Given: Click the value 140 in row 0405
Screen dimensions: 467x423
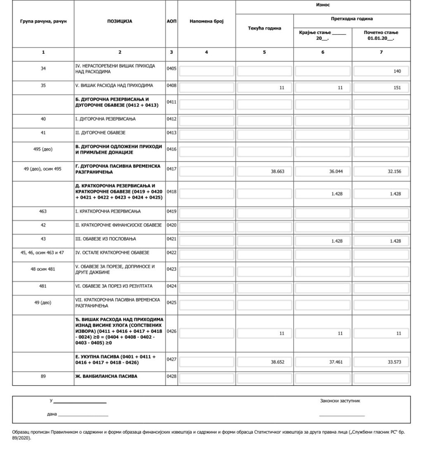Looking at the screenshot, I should pos(397,71).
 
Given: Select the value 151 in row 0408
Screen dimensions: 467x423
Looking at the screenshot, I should pos(397,88).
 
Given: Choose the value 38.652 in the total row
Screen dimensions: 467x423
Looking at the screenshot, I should pos(278,362).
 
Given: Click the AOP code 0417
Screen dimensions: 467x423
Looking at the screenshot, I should pos(171,168).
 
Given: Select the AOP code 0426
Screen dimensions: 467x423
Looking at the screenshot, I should pos(171,331).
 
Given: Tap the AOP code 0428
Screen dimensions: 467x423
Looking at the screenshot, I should pos(171,376).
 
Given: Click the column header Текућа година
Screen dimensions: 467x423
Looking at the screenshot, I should pos(264,28).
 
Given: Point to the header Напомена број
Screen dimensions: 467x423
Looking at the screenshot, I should pos(207,21).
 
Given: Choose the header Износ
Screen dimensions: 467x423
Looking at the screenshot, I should pos(323,5).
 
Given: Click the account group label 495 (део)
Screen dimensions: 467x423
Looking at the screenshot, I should pos(43,149).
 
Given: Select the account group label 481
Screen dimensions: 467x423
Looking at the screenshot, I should pos(43,286).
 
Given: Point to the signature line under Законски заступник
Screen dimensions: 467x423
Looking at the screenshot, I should pos(342,415).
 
